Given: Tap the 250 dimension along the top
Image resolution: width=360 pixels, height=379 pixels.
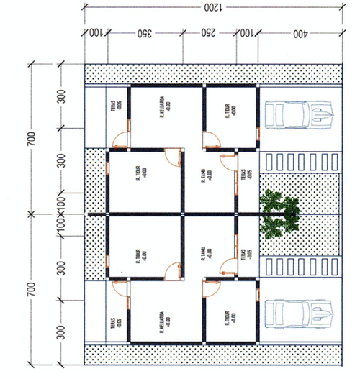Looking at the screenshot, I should pyautogui.click(x=207, y=34).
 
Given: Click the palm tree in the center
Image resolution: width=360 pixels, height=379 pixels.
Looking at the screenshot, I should pyautogui.click(x=279, y=214).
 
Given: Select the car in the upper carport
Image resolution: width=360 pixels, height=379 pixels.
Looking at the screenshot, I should pyautogui.click(x=300, y=114).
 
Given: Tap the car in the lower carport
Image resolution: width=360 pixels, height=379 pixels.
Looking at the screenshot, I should pyautogui.click(x=300, y=314).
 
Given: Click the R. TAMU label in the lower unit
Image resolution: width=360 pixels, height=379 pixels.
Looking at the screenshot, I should pyautogui.click(x=205, y=253).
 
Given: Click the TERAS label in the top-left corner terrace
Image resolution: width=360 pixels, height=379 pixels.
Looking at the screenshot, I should pyautogui.click(x=117, y=109).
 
